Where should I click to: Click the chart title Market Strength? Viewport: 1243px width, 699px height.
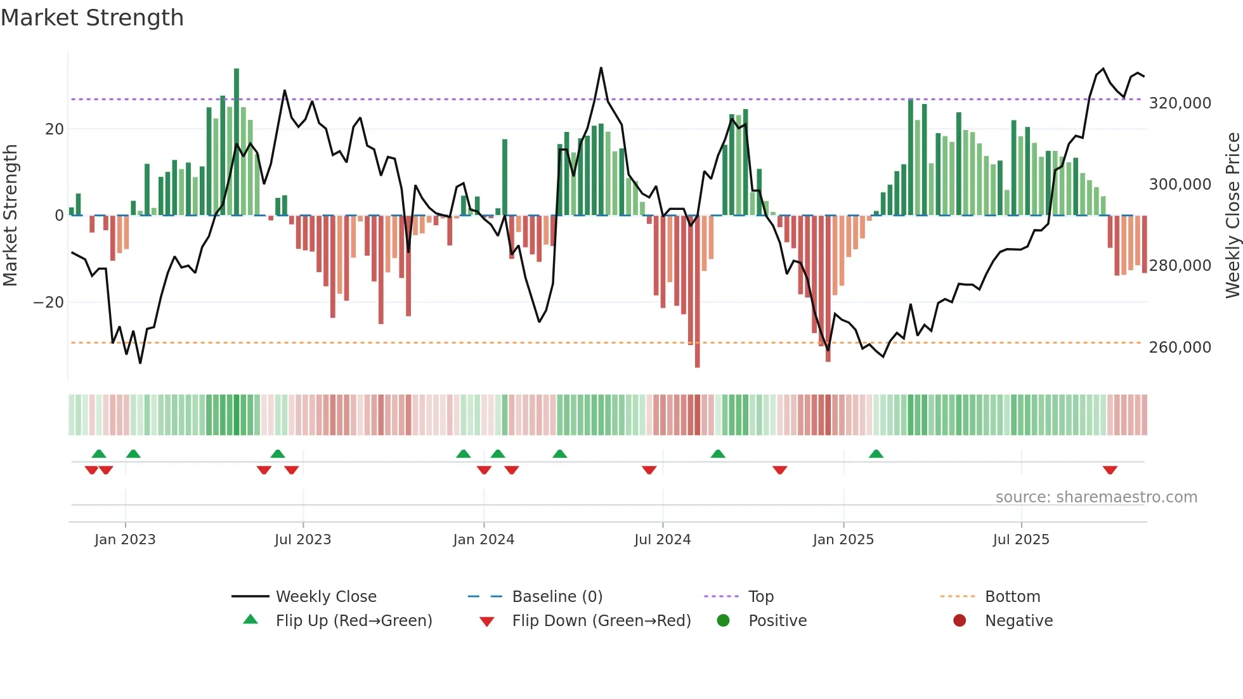92,18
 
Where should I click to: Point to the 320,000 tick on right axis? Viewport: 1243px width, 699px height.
1180,103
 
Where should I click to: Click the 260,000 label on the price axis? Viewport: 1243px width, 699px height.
1180,347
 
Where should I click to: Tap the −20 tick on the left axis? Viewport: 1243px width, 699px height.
49,303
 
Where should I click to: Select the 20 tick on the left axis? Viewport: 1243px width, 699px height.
55,129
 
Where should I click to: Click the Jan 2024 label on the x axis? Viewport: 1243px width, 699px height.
483,540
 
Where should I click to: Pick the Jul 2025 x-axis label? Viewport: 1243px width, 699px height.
1021,540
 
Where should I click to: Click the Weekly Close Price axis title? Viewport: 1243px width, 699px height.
1232,216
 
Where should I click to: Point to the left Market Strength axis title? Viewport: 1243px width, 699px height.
11,216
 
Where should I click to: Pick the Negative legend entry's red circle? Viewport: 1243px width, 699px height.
960,621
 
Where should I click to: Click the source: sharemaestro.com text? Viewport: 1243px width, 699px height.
1096,497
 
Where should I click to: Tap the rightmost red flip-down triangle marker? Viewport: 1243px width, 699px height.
1110,470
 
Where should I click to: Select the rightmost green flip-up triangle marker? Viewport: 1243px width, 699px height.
876,454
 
